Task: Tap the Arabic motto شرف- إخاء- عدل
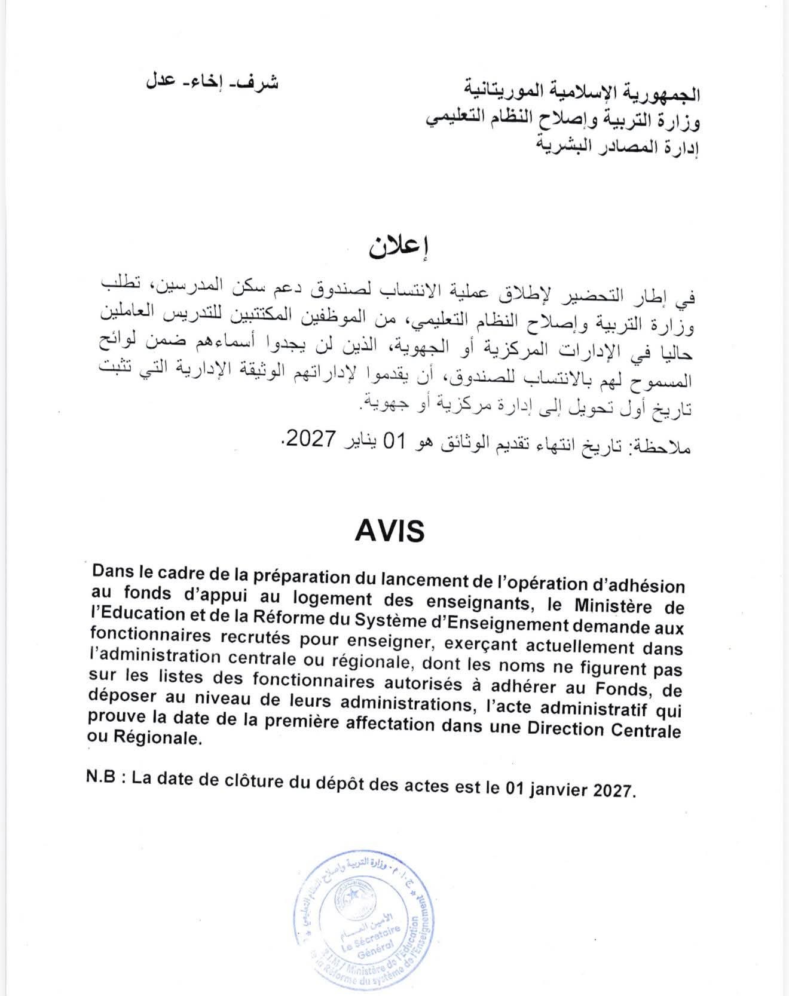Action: [x=210, y=82]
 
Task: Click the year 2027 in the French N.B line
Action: [x=611, y=790]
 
